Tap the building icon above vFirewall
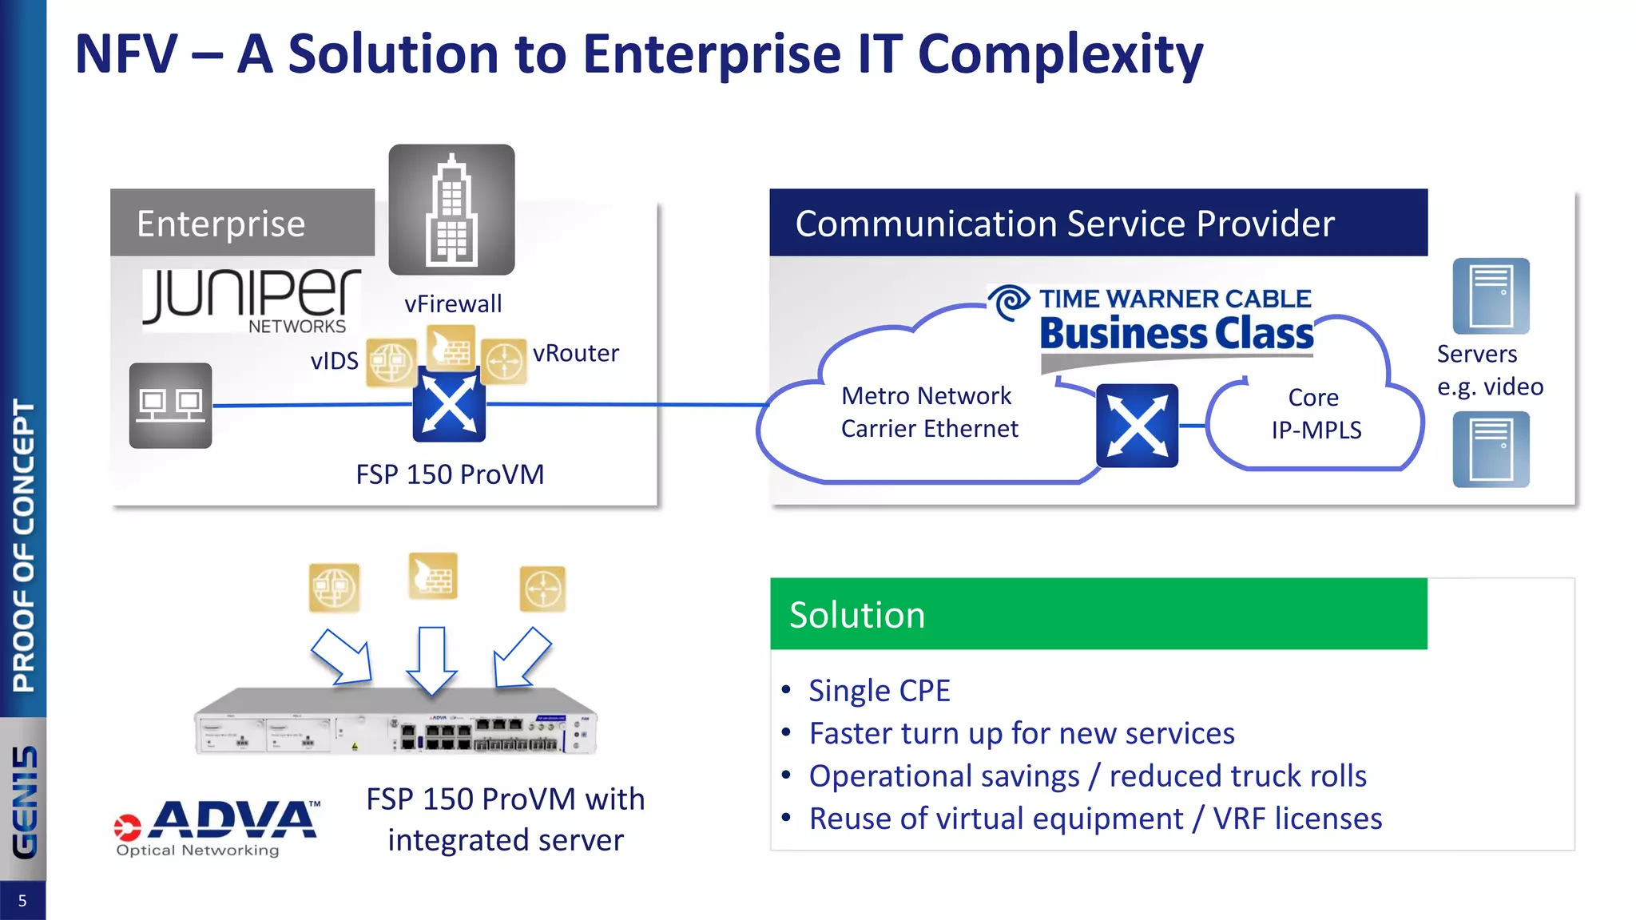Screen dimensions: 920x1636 pyautogui.click(x=451, y=209)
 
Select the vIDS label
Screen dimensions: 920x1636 pyautogui.click(x=334, y=361)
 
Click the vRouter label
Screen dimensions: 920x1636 pyautogui.click(x=575, y=353)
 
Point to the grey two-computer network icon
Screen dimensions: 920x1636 pyautogui.click(x=170, y=405)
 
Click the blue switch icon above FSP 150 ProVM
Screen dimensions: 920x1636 pyautogui.click(x=449, y=405)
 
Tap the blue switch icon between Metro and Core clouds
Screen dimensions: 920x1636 pyautogui.click(x=1137, y=425)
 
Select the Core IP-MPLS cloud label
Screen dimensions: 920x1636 pyautogui.click(x=1316, y=414)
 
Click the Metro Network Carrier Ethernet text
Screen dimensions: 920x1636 pyautogui.click(x=929, y=412)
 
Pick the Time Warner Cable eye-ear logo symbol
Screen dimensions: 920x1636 pyautogui.click(x=1010, y=303)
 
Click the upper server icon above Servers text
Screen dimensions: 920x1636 pyautogui.click(x=1491, y=295)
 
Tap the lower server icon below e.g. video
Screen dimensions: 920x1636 pyautogui.click(x=1491, y=449)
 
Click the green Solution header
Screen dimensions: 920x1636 pyautogui.click(x=1098, y=613)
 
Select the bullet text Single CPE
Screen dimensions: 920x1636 pyautogui.click(x=879, y=691)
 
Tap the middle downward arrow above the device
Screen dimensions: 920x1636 pyautogui.click(x=431, y=660)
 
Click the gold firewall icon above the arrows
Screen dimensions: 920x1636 pyautogui.click(x=432, y=575)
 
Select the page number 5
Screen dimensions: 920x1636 pyautogui.click(x=22, y=901)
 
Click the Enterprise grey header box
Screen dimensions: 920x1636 pyautogui.click(x=242, y=223)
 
